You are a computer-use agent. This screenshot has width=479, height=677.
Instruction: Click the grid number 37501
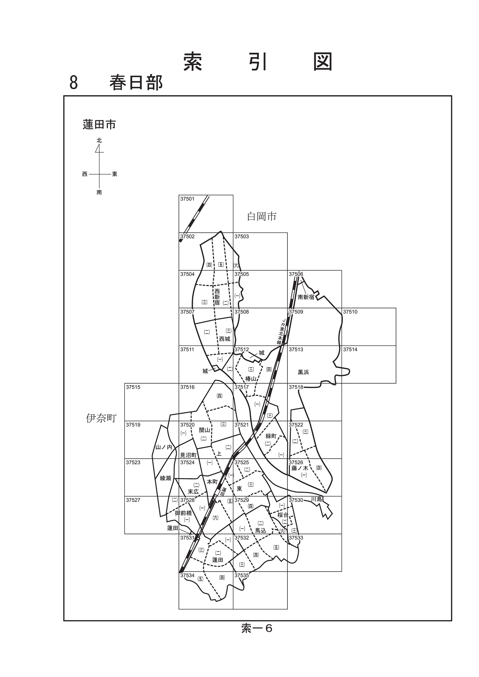click(x=187, y=199)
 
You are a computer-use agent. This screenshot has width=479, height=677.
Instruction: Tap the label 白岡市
click(x=262, y=216)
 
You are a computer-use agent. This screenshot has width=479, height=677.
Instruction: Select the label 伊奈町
click(x=101, y=418)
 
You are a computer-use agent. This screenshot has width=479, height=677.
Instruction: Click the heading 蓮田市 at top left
click(x=99, y=124)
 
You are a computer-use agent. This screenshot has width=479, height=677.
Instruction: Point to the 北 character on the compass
click(x=99, y=140)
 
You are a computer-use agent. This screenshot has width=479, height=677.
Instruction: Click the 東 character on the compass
click(x=115, y=174)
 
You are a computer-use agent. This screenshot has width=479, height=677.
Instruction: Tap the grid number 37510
click(x=350, y=312)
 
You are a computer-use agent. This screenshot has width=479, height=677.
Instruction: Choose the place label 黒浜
click(x=303, y=372)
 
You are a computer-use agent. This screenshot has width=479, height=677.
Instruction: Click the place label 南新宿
click(x=306, y=297)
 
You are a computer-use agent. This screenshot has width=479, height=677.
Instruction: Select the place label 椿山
click(x=251, y=379)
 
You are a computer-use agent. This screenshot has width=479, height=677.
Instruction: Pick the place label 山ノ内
click(x=164, y=447)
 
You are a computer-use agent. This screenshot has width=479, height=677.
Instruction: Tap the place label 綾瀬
click(x=165, y=478)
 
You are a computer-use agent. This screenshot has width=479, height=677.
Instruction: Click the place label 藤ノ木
click(x=300, y=468)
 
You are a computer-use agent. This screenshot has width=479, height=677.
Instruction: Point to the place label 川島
click(x=316, y=499)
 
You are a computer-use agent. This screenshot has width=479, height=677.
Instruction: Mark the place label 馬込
click(x=261, y=531)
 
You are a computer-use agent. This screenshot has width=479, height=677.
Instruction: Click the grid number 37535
click(x=242, y=575)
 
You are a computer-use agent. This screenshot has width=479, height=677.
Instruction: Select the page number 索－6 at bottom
click(x=257, y=628)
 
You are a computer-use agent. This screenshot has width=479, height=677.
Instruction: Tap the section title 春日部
click(x=136, y=82)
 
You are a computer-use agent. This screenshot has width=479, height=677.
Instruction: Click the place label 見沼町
click(x=188, y=455)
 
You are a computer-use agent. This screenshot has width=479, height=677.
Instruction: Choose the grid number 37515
click(x=133, y=387)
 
